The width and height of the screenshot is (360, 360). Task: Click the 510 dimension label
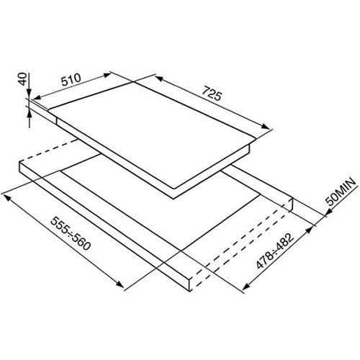pyautogui.click(x=71, y=80)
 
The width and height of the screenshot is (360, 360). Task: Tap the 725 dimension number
pyautogui.click(x=211, y=93)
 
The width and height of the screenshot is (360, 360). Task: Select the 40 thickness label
pyautogui.click(x=22, y=79)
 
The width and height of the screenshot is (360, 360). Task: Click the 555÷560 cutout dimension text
pyautogui.click(x=71, y=233)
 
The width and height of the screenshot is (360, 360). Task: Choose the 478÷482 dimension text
pyautogui.click(x=275, y=251)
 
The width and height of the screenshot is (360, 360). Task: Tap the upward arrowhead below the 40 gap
pyautogui.click(x=29, y=113)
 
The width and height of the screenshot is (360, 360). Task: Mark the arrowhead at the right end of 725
pyautogui.click(x=266, y=126)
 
